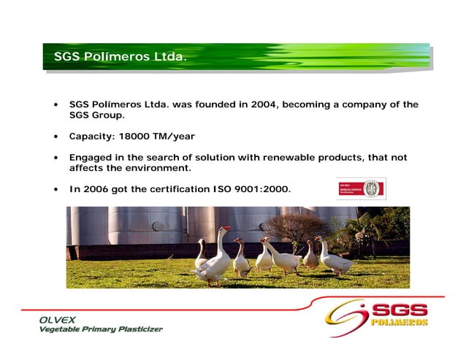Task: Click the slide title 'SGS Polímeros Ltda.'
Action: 121,56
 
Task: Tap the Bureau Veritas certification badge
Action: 361,190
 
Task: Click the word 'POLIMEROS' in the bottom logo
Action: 399,322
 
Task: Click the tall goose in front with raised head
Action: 215,259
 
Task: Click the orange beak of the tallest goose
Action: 228,229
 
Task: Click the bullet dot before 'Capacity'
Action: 56,137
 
